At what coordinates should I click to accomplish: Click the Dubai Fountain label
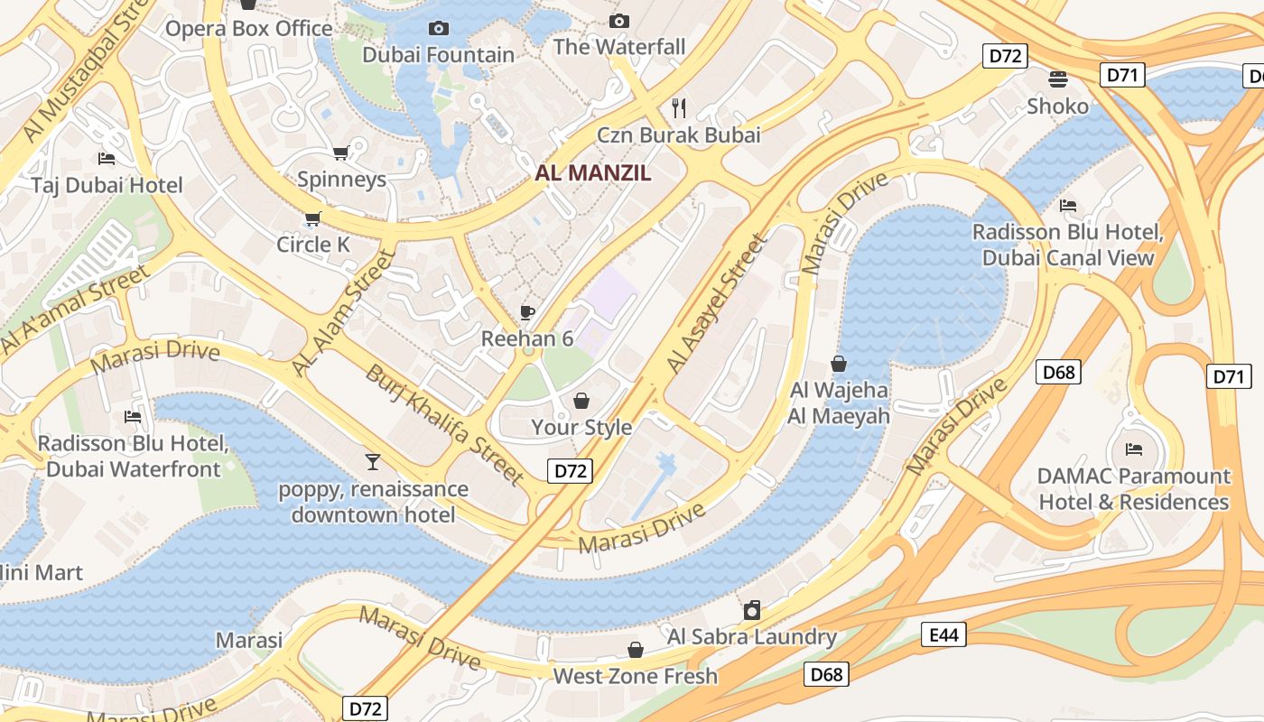coord(438,55)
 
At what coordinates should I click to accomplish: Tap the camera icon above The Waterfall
coord(618,21)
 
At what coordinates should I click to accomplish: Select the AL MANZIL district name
coord(593,173)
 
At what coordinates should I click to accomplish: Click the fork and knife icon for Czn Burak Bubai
coord(679,108)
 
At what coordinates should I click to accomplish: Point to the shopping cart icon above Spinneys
coord(340,153)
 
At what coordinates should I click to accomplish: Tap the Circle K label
coord(312,245)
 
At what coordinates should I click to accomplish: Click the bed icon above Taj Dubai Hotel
coord(107,160)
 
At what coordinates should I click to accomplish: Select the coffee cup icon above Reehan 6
coord(527,313)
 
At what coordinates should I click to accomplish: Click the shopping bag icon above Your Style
coord(581,401)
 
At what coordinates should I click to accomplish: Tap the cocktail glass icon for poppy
coord(372,463)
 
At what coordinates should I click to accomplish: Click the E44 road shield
coord(943,635)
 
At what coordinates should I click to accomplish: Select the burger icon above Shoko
coord(1058,79)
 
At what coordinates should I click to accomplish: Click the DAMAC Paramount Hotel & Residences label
coord(1134,489)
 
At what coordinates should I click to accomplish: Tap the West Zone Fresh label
coord(636,676)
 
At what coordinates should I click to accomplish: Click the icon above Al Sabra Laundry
coord(752,611)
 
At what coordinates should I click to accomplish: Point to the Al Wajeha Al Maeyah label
coord(839,403)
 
